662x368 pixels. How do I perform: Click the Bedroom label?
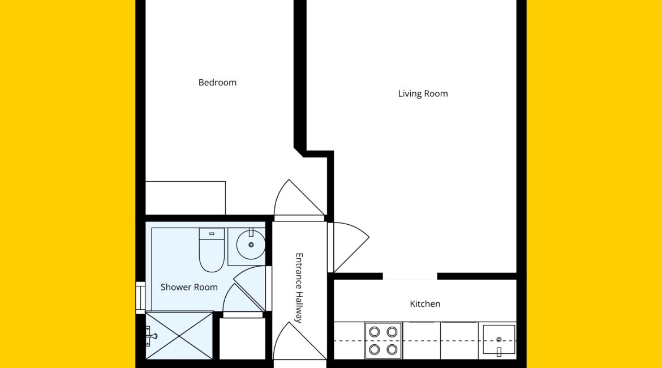coord(217,83)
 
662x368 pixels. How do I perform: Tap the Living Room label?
coord(423,94)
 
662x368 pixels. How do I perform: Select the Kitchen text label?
coord(425,304)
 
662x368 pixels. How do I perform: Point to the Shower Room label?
coord(189,287)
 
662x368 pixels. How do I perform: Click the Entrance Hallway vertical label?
coord(299,288)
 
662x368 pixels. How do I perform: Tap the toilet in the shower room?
coord(212,250)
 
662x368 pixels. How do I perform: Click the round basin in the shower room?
coord(251,245)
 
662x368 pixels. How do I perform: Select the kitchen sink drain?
coord(498,339)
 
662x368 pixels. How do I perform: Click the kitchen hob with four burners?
coord(383,340)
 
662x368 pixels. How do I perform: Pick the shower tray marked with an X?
coord(179,336)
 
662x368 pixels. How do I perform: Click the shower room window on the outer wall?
coord(140,298)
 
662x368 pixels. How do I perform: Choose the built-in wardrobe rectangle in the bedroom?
coord(186,198)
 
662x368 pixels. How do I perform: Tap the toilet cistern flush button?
coord(212,234)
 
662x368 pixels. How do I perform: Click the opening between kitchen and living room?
coord(410,276)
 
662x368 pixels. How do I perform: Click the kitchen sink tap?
coord(498,352)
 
